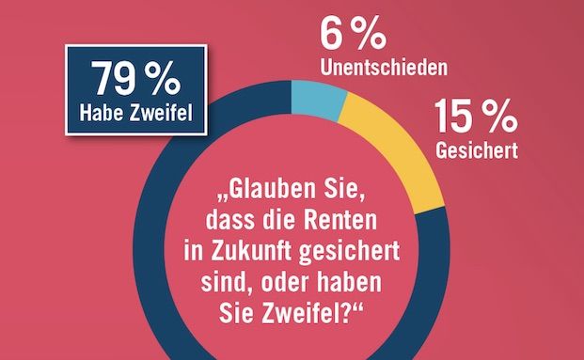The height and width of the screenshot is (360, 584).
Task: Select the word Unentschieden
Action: pyautogui.click(x=380, y=68)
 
